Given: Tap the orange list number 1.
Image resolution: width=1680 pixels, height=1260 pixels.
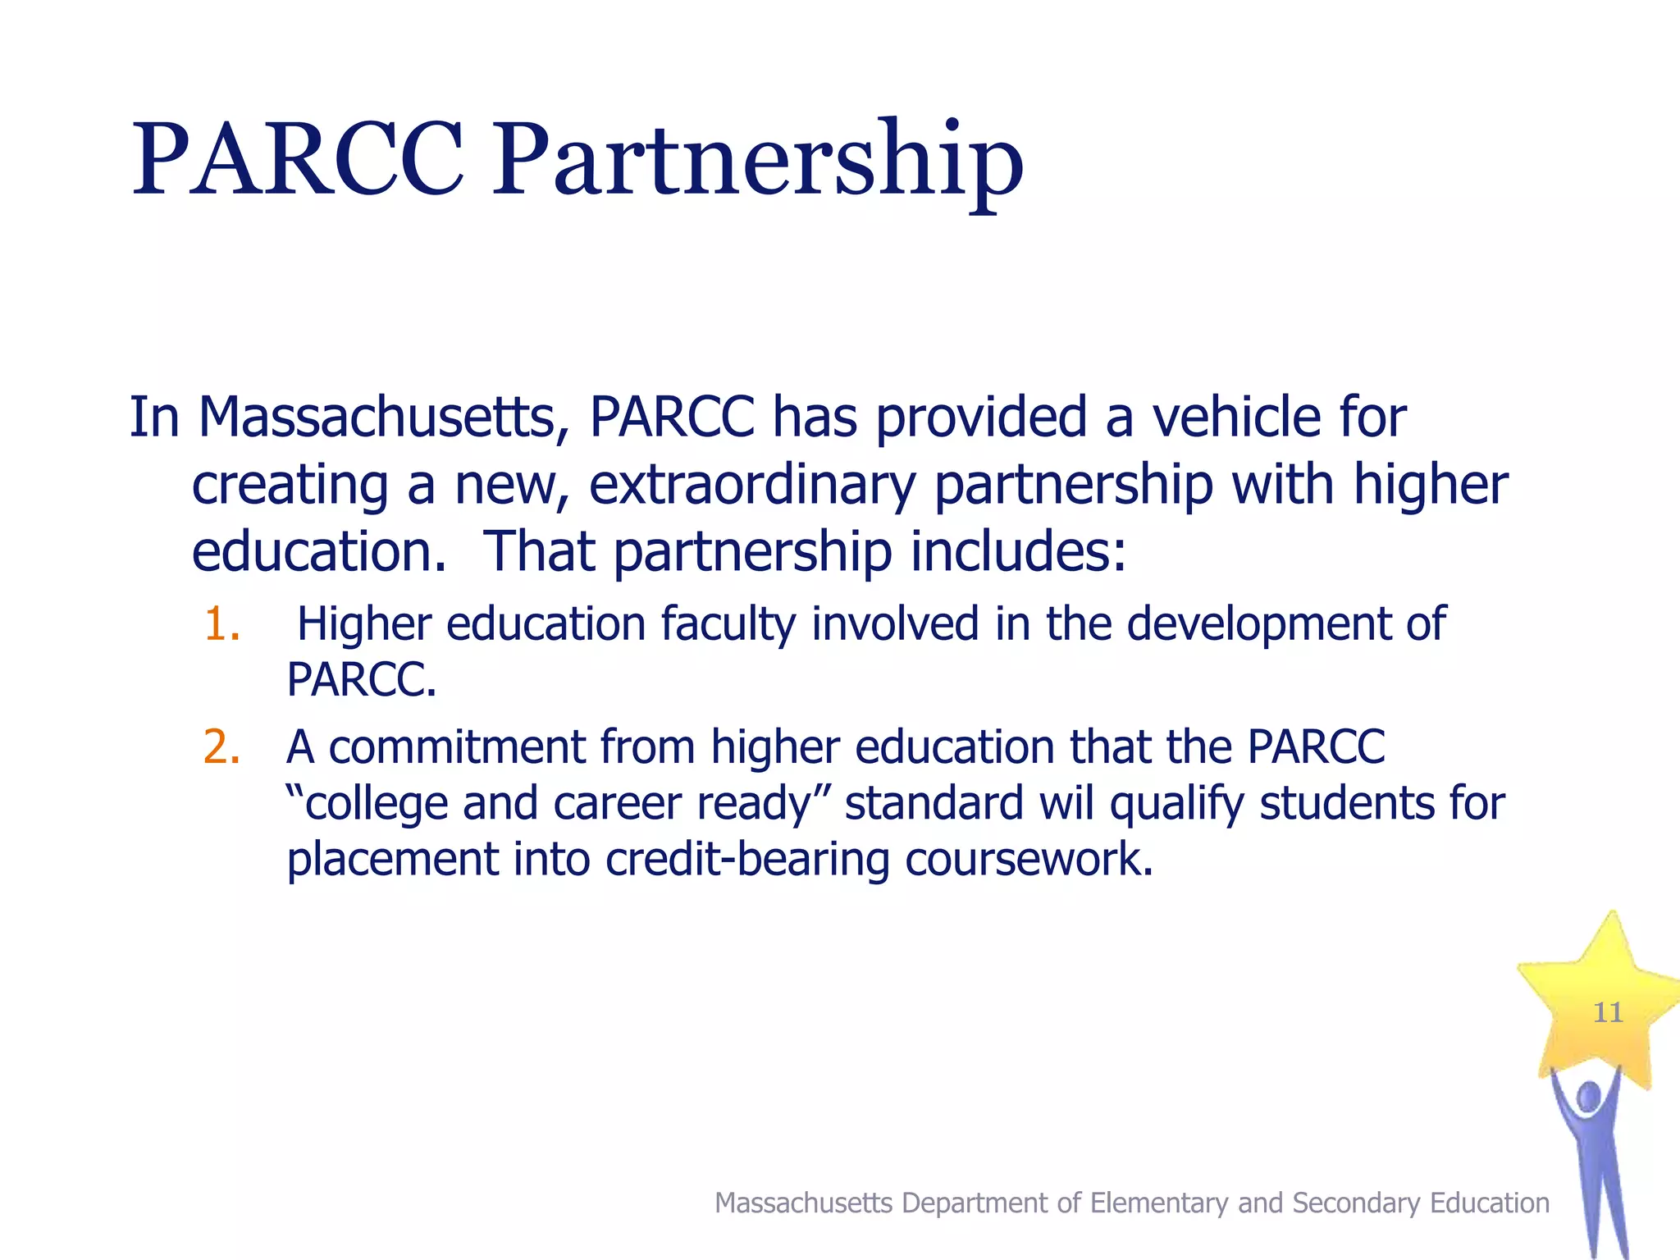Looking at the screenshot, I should tap(220, 624).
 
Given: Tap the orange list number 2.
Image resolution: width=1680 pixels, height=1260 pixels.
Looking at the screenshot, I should tap(221, 747).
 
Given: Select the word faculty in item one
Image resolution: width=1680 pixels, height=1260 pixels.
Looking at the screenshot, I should tap(728, 624).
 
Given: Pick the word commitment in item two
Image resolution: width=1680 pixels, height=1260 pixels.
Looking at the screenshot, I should tap(456, 747).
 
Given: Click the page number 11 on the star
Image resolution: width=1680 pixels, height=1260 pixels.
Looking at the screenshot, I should tap(1608, 1013).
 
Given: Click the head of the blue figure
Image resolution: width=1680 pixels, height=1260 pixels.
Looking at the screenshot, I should tap(1589, 1097).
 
